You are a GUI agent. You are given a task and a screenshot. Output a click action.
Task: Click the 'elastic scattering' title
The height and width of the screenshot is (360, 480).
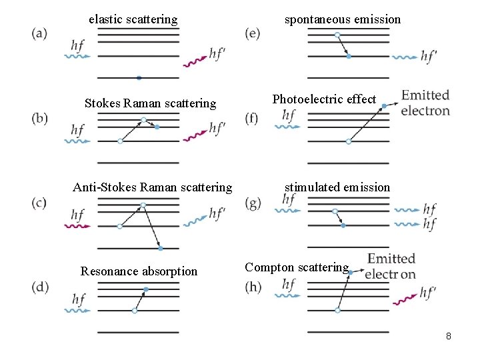click(133, 19)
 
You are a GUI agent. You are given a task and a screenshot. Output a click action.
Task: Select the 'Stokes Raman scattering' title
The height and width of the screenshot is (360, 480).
click(150, 103)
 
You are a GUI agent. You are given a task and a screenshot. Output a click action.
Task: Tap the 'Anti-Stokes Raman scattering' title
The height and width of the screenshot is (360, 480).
click(153, 187)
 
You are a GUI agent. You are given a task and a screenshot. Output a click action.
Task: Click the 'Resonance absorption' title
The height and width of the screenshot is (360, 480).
click(139, 271)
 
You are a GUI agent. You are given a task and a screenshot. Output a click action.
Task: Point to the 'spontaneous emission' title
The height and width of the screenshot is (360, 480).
click(343, 19)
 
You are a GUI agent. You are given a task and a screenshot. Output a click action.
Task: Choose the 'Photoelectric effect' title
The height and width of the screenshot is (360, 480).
click(324, 99)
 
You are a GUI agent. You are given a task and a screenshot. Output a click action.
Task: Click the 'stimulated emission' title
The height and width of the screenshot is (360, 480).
click(337, 187)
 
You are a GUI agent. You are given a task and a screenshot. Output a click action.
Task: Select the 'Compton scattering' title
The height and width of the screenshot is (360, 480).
click(296, 267)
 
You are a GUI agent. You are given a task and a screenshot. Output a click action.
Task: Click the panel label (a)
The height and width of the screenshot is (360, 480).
click(39, 33)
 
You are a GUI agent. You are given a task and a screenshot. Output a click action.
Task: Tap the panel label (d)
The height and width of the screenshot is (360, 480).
click(39, 287)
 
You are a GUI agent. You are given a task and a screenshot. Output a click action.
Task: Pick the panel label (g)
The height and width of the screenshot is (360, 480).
click(253, 203)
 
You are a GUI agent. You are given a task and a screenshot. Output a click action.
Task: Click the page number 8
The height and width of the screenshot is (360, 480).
click(449, 337)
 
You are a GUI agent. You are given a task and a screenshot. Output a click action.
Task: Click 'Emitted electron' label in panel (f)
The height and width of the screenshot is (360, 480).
click(425, 103)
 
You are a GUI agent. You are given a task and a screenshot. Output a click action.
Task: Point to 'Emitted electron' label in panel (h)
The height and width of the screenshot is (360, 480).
click(391, 266)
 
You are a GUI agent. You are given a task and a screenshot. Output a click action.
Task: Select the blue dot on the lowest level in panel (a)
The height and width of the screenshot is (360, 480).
click(139, 78)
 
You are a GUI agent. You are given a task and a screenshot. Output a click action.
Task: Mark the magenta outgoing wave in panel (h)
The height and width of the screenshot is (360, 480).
click(404, 300)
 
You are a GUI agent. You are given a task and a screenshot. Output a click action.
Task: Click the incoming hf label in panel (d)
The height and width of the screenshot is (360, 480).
click(78, 299)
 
